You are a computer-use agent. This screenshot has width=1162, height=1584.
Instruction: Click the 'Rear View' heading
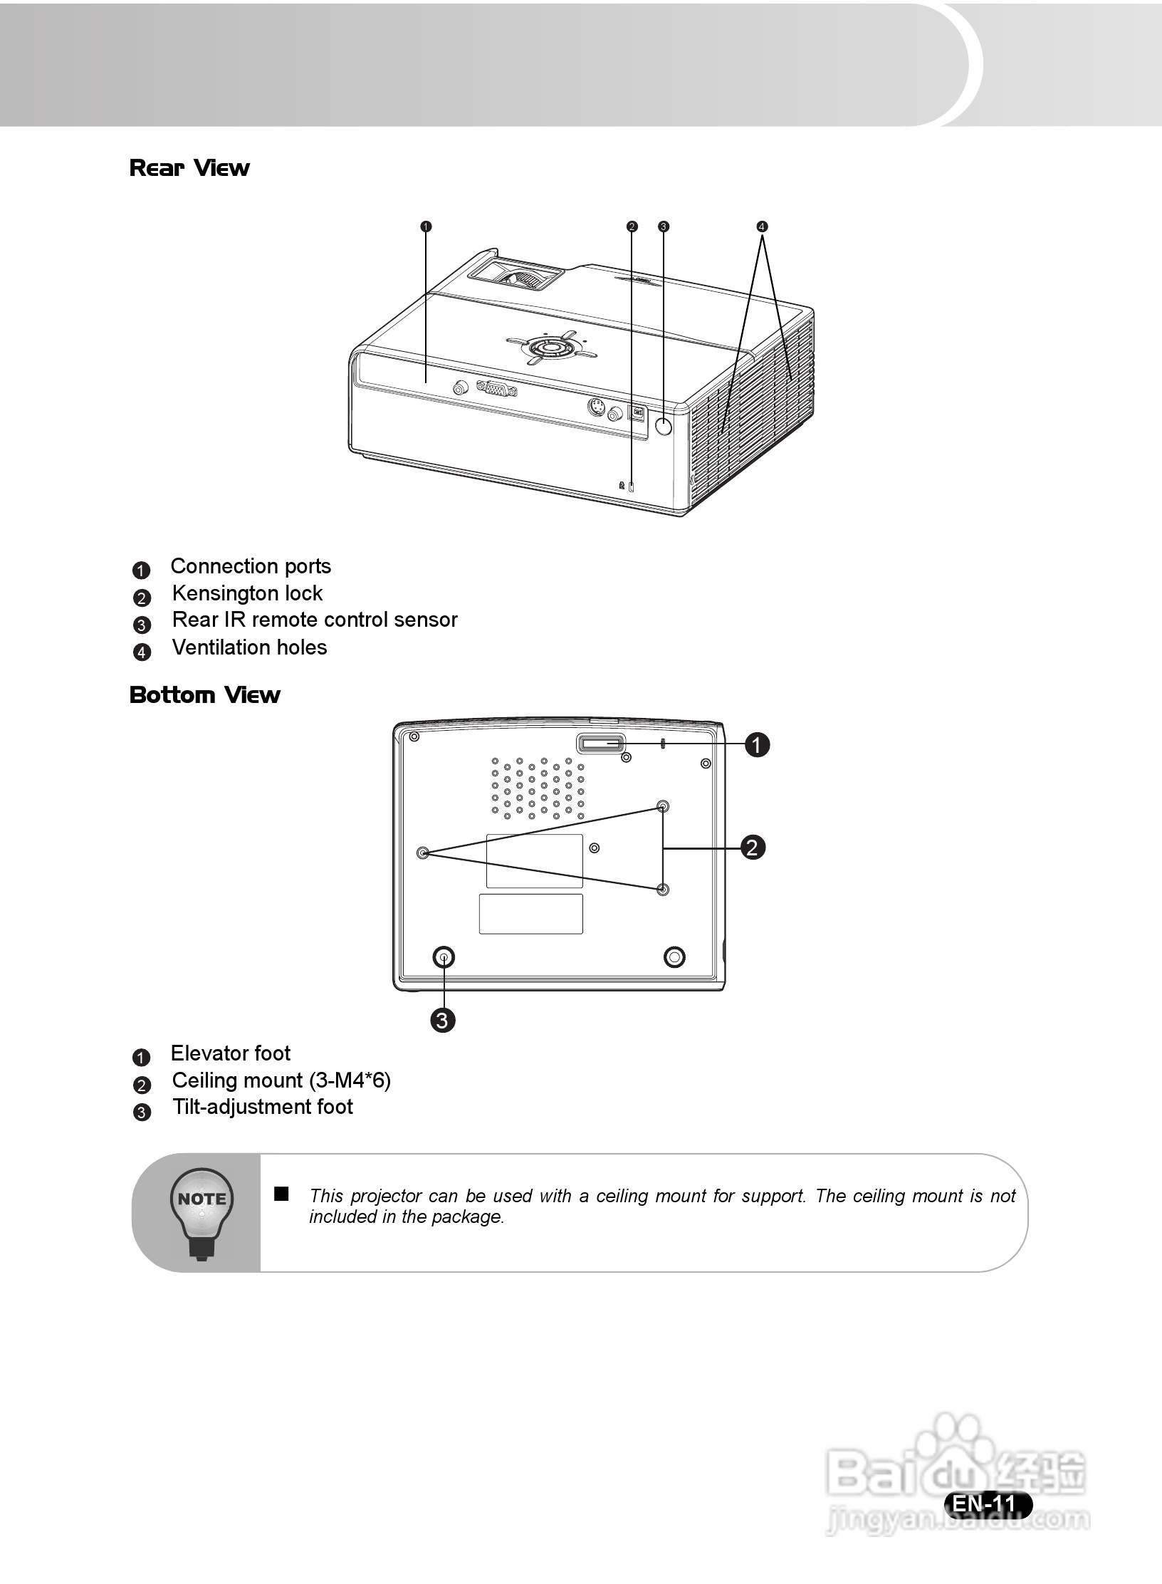point(189,168)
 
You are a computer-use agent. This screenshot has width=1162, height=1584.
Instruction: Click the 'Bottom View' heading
point(205,694)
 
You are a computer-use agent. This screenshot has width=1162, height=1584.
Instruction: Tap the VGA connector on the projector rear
point(496,388)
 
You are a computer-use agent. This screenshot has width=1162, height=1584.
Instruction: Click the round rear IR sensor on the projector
point(663,427)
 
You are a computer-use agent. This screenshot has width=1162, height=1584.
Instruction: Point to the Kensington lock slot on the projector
point(632,487)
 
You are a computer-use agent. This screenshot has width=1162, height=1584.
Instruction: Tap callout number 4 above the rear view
point(762,226)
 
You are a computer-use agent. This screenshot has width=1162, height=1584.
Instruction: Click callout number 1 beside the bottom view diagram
point(757,745)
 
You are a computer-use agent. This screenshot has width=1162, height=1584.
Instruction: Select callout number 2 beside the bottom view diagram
point(753,848)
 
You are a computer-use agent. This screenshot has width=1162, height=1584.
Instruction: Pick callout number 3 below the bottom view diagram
point(442,1021)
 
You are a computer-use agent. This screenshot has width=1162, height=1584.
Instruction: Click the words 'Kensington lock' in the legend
point(247,593)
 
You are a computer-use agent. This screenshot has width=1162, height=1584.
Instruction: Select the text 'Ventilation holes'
point(249,647)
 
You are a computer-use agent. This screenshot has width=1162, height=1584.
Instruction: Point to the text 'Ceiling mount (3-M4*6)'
point(281,1080)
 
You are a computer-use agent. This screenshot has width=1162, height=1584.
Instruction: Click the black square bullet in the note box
point(282,1194)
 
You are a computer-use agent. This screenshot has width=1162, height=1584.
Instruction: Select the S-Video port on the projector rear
point(597,408)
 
